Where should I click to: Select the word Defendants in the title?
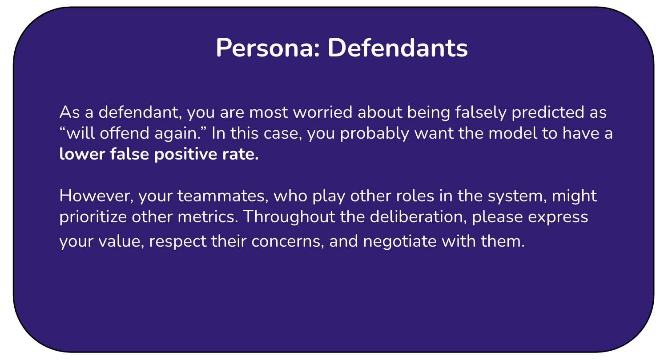(398, 48)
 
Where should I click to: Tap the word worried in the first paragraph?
(323, 112)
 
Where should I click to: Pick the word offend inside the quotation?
(125, 133)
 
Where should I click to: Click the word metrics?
(208, 216)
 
